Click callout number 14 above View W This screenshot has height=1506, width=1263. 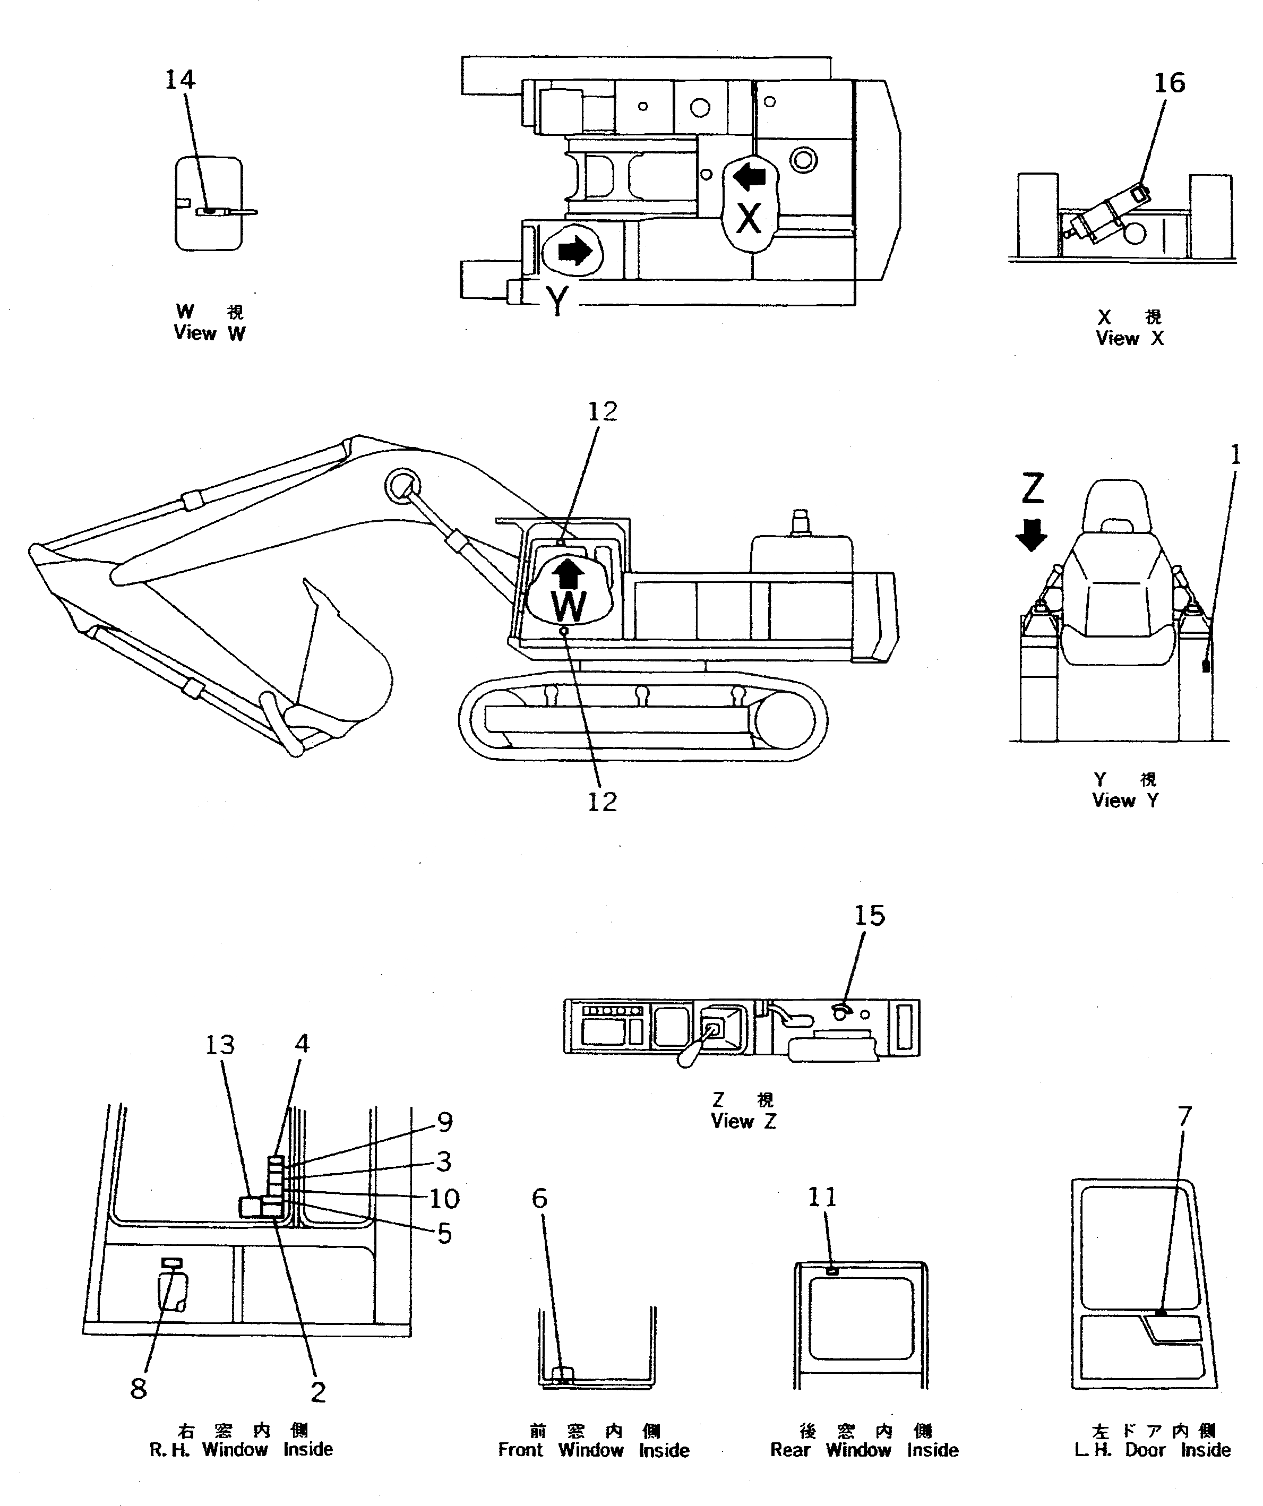tap(180, 80)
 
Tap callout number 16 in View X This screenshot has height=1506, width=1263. tap(1169, 83)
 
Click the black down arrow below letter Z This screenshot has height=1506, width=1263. tap(1032, 535)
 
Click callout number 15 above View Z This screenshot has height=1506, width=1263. tap(869, 916)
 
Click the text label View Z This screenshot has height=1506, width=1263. tap(743, 1121)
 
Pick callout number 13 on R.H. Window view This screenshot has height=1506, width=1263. tap(219, 1045)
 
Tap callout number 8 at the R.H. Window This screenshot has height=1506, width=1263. tap(139, 1388)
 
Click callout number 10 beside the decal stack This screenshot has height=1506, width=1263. tap(444, 1197)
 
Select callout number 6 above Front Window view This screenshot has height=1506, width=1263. tap(539, 1198)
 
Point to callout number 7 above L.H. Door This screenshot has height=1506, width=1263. tap(1184, 1116)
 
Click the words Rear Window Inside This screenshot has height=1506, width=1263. tap(864, 1449)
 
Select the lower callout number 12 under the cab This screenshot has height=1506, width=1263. tap(602, 801)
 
